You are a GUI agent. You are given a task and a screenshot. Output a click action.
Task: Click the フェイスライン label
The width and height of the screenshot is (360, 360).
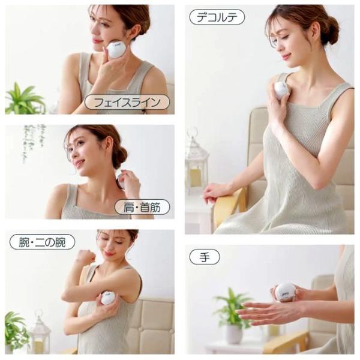(x=127, y=102)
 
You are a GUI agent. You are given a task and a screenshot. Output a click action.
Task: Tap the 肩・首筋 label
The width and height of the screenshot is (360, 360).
(x=142, y=207)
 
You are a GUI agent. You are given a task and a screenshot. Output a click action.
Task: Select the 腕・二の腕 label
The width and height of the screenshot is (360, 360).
(x=42, y=242)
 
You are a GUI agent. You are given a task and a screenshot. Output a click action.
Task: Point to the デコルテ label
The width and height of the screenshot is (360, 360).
(x=217, y=17)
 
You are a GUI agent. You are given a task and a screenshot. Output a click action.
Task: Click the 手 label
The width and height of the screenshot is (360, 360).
(x=205, y=257)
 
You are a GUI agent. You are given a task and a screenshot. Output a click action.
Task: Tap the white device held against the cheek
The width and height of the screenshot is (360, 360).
(x=115, y=49)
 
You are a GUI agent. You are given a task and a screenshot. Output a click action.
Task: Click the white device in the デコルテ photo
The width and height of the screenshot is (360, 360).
(x=281, y=90)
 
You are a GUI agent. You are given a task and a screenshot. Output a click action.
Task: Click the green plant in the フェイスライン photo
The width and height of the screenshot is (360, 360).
(x=24, y=100)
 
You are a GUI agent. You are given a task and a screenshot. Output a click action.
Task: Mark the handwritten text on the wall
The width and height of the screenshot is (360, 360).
(x=34, y=143)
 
